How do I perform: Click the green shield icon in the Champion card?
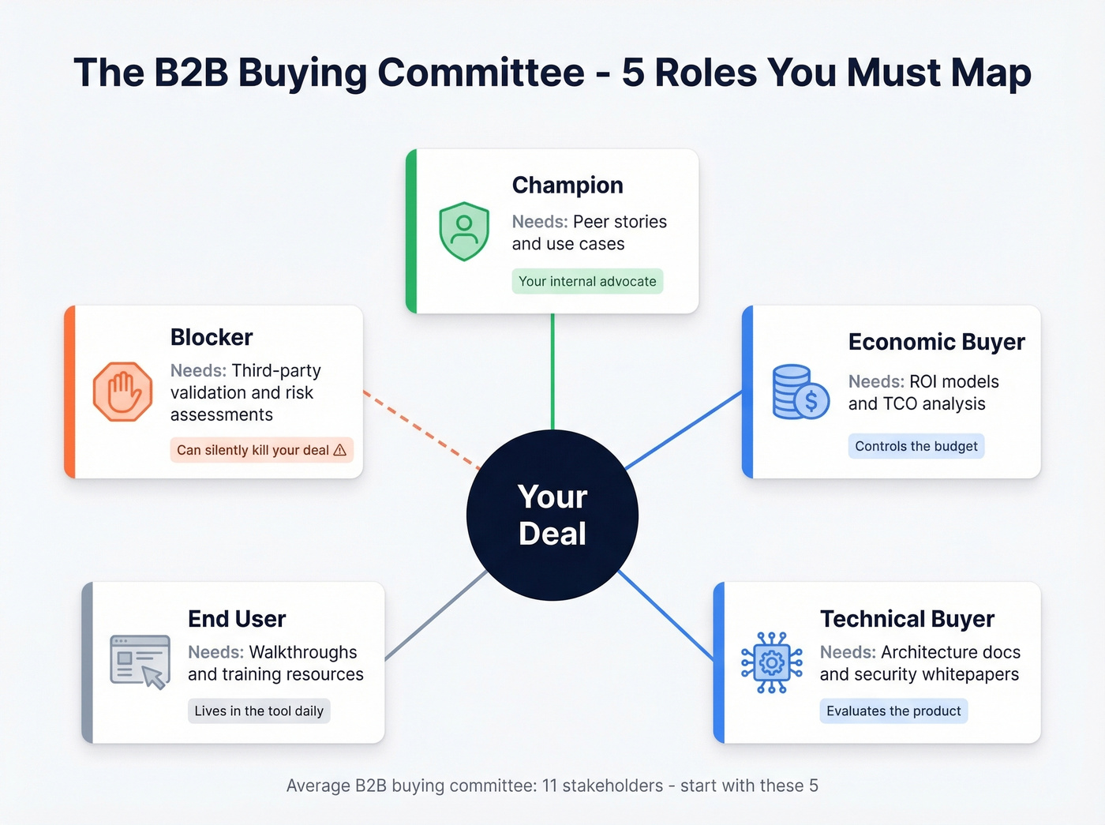464,231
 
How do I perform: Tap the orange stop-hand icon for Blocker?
122,392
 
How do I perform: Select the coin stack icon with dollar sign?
800,392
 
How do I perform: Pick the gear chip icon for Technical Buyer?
771,662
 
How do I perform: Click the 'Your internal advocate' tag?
587,282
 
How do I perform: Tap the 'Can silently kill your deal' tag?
261,450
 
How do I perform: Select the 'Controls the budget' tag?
916,446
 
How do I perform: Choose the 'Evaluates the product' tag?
893,711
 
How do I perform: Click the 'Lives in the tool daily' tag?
259,711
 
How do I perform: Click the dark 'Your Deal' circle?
552,516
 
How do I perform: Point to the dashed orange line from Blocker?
421,429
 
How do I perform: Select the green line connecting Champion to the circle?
552,371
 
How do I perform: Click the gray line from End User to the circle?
435,616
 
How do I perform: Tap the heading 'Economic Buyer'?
936,342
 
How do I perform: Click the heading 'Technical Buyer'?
907,619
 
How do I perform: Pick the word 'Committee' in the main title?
481,73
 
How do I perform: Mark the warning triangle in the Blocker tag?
340,450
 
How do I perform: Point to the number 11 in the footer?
549,786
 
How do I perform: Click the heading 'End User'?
237,619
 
